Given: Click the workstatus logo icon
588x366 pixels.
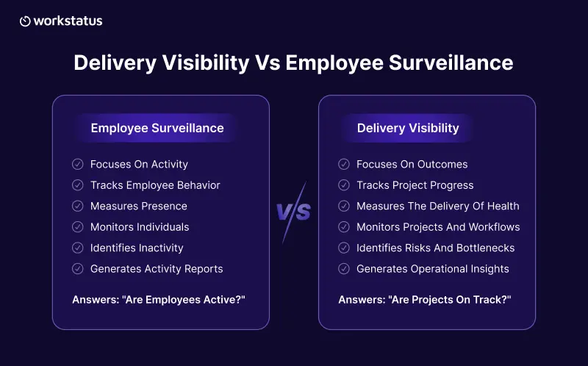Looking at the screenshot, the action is [x=25, y=21].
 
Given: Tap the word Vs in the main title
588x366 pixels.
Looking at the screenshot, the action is [x=268, y=62].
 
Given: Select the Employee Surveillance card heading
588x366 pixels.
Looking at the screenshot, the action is [x=157, y=129].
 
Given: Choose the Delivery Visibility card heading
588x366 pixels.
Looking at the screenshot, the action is [x=408, y=129].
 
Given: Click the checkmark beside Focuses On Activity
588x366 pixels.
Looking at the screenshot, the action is [x=78, y=164].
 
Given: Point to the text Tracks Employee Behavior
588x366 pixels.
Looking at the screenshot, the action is [x=155, y=185].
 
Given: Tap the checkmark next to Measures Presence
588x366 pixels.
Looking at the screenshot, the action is [x=78, y=207].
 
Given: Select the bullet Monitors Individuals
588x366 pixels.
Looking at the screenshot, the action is [x=140, y=227].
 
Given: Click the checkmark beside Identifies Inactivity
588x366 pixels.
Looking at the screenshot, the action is [x=78, y=248].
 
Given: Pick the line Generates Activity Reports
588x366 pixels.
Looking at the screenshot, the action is [x=157, y=269].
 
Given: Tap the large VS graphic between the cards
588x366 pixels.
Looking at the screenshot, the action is [x=293, y=212].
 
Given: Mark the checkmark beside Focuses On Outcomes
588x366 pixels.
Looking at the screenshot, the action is [x=344, y=164].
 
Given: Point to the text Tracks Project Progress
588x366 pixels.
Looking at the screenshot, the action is [x=415, y=185].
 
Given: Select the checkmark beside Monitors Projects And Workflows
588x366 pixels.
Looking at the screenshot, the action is [x=344, y=227].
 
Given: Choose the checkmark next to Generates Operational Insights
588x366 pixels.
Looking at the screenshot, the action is [x=344, y=269].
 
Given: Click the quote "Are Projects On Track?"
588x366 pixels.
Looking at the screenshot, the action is [x=450, y=300].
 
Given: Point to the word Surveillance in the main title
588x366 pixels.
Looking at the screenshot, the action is [x=451, y=62].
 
